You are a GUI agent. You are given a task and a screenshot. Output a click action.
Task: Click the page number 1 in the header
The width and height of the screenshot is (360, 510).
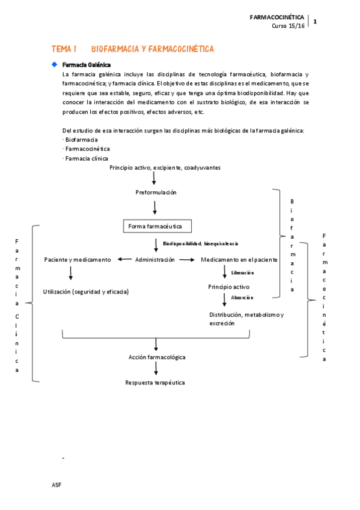coord(315,22)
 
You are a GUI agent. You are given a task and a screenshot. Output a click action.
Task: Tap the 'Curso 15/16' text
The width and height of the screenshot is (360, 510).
coord(288,26)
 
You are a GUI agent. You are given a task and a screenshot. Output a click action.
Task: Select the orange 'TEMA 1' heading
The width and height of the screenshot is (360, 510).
coord(64,49)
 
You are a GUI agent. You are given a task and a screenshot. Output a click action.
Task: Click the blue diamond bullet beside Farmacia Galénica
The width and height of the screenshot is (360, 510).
coord(54,64)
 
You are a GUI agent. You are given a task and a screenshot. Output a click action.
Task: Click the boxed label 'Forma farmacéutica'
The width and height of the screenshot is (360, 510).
coord(156,226)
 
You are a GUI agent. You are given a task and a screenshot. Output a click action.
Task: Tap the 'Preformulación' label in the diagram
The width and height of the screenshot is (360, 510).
coord(156,192)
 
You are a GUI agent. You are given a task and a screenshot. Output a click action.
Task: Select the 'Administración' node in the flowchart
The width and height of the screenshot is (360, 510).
coord(155,259)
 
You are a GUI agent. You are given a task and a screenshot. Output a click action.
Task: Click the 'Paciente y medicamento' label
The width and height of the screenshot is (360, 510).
coord(78,259)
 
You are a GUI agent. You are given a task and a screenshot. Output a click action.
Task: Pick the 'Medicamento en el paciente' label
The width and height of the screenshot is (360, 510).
coord(239,259)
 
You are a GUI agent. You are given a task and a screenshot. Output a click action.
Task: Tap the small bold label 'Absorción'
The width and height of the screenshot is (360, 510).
coord(242,297)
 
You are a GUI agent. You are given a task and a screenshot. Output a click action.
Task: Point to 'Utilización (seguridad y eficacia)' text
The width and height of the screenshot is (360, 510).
coord(86,291)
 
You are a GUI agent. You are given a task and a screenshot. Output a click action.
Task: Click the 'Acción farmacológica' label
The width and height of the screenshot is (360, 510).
coord(157,357)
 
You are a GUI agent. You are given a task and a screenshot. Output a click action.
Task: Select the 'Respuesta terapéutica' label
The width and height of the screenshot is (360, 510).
coord(155,382)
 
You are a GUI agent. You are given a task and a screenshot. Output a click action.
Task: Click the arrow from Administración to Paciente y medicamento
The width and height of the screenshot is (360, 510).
coord(125,259)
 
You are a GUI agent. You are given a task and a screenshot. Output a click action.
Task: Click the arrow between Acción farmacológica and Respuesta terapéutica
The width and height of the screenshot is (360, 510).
coord(156,369)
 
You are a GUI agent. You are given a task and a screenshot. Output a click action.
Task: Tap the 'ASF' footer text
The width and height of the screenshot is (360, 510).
coord(57,485)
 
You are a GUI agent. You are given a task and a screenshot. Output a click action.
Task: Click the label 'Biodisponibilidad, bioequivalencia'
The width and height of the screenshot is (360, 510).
coord(200,244)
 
